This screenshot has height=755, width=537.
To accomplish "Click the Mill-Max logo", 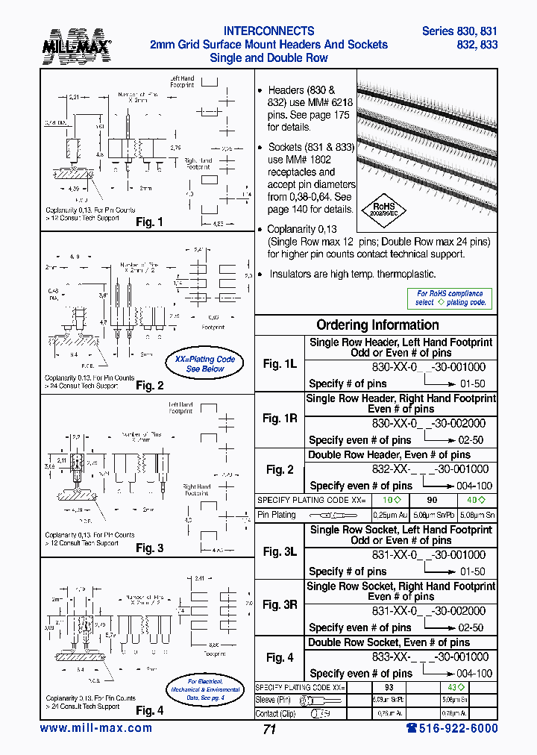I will pos(82,45).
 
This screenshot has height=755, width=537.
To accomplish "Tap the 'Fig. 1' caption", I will pos(149,222).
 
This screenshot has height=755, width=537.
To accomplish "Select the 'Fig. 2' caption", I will pos(149,386).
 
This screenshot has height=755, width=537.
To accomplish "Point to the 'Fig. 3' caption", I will pos(149,548).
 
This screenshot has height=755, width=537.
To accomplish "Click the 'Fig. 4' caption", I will pos(149,711).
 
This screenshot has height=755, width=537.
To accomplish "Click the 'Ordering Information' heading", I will pos(377,325).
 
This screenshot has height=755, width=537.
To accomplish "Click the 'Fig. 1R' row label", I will pos(280,419).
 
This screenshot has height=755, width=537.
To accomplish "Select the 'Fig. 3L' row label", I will pos(280,551).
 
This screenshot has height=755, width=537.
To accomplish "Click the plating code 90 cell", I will pos(432,500).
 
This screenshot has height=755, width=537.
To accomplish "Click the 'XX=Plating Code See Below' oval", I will pos(204,364).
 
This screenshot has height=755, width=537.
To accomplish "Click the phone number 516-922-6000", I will pos(451,728).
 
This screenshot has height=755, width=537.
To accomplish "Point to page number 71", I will pos(269,730).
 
